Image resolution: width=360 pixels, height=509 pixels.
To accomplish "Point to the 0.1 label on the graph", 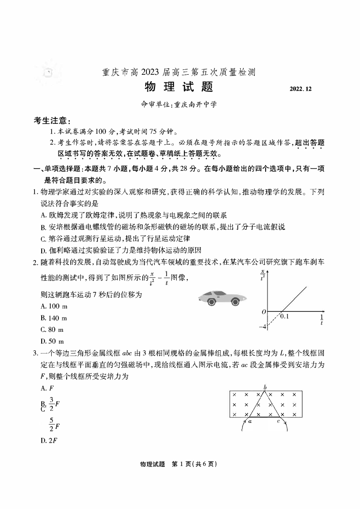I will [284, 316].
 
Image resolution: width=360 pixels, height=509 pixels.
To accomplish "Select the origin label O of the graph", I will [263, 312].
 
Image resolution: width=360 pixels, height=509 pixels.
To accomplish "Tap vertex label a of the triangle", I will [250, 421].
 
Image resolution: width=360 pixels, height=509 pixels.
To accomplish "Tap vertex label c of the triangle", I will [278, 421].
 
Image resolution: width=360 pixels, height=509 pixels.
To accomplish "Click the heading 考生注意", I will [51, 121].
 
